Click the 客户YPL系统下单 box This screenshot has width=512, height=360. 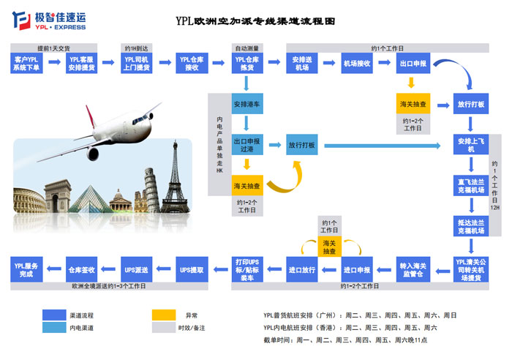coord(29,63)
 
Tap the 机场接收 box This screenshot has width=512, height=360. coord(357,63)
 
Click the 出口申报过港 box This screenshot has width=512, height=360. coord(247,145)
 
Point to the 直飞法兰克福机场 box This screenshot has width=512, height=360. coord(470,184)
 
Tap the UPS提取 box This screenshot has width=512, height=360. coord(192,269)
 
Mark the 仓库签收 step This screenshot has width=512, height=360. coord(81,269)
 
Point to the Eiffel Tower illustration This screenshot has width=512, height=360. coord(175,172)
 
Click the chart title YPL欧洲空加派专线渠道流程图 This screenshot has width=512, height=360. coord(255,22)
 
